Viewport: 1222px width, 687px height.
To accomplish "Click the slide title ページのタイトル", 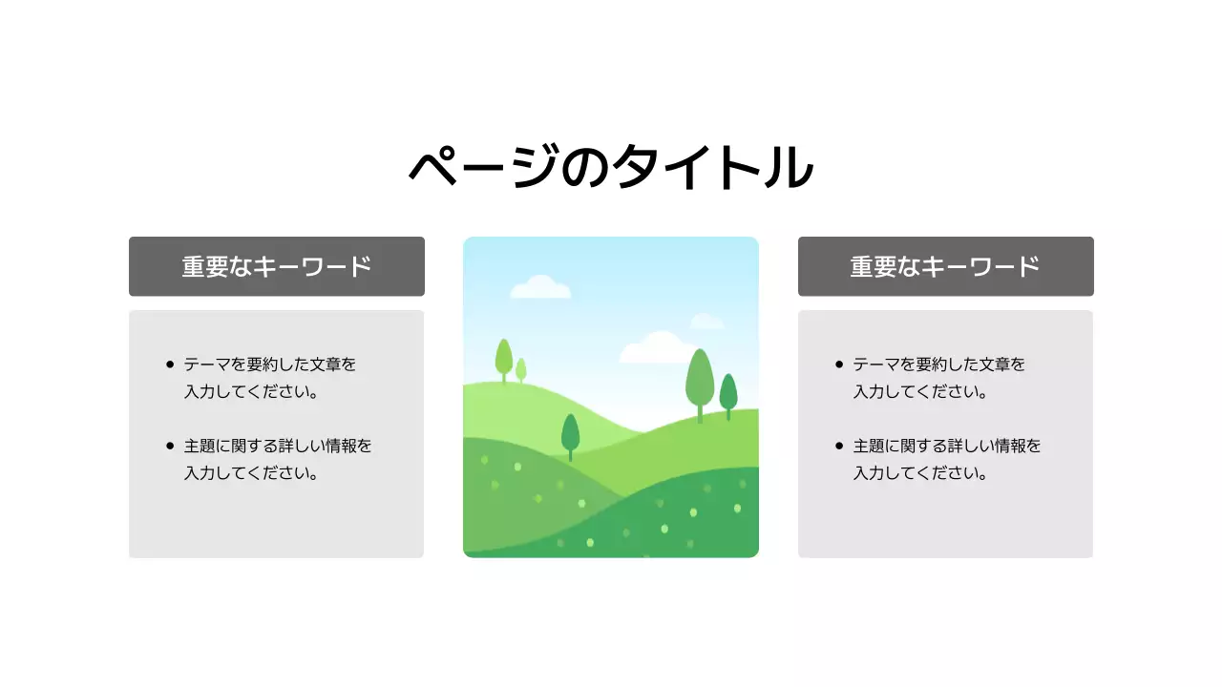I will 611,167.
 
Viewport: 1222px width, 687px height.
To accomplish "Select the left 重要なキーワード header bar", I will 277,266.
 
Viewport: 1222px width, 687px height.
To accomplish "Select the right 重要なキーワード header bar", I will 945,266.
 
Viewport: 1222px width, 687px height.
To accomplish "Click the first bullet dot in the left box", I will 170,364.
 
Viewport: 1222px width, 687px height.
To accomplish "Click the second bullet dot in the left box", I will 170,446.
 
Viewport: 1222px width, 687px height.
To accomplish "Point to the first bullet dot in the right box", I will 839,364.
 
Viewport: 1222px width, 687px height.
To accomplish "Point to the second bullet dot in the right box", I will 839,446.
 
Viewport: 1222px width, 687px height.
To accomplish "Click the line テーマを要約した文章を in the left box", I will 270,364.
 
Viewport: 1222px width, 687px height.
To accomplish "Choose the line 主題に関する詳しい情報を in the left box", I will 278,446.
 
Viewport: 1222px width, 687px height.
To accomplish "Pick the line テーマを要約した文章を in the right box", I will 939,364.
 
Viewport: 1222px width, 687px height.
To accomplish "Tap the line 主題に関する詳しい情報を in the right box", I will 947,446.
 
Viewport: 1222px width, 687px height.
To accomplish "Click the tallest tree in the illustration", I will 700,377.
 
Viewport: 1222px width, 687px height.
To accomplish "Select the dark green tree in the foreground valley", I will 570,431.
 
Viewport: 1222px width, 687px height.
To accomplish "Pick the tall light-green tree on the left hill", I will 504,357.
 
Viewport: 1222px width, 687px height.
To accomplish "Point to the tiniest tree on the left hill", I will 521,368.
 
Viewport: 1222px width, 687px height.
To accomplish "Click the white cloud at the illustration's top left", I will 540,286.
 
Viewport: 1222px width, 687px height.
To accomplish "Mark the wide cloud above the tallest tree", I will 661,347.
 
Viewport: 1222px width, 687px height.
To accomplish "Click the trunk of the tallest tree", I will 700,413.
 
